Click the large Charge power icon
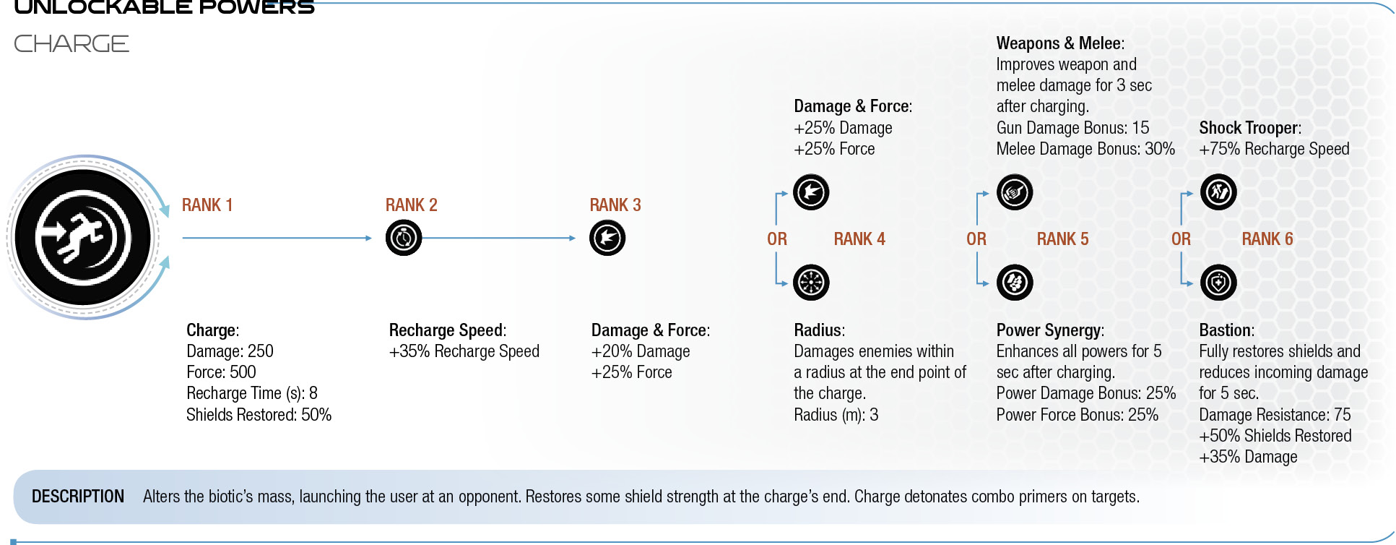(x=83, y=237)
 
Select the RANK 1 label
(x=207, y=205)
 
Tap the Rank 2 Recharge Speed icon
(x=404, y=238)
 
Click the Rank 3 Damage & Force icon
(x=607, y=238)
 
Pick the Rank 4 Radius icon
(x=811, y=283)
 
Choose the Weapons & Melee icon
(x=1015, y=192)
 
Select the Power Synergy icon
(x=1015, y=283)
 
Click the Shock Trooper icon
(x=1218, y=192)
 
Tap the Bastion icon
(x=1218, y=283)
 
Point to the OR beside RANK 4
(x=777, y=239)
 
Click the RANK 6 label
(x=1267, y=239)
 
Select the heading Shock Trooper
(x=1250, y=128)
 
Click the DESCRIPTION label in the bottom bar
(x=78, y=497)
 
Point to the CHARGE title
(x=71, y=44)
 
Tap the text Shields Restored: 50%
(x=259, y=415)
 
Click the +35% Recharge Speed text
(x=464, y=351)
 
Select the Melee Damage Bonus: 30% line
(x=1085, y=149)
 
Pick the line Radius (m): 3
(x=836, y=415)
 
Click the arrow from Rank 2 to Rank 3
(x=499, y=238)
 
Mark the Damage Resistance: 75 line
(x=1275, y=415)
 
